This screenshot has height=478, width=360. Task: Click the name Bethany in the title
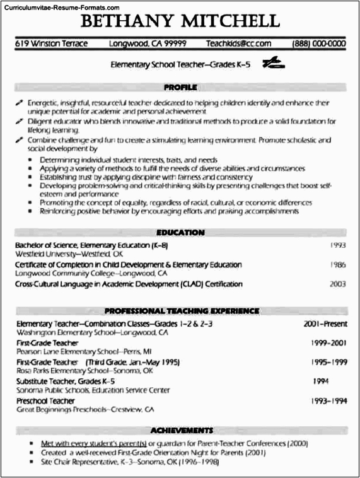tap(126, 22)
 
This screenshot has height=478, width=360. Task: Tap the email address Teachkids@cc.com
tap(238, 44)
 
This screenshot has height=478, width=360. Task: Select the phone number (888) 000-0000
tap(318, 44)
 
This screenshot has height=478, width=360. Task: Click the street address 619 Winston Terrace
tap(51, 44)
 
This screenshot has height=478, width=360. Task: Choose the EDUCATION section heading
tap(180, 233)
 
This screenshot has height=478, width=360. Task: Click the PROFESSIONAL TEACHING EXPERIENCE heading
tap(182, 311)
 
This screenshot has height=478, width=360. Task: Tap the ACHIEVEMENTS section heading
tap(180, 430)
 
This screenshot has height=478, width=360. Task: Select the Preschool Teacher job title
tap(45, 401)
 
